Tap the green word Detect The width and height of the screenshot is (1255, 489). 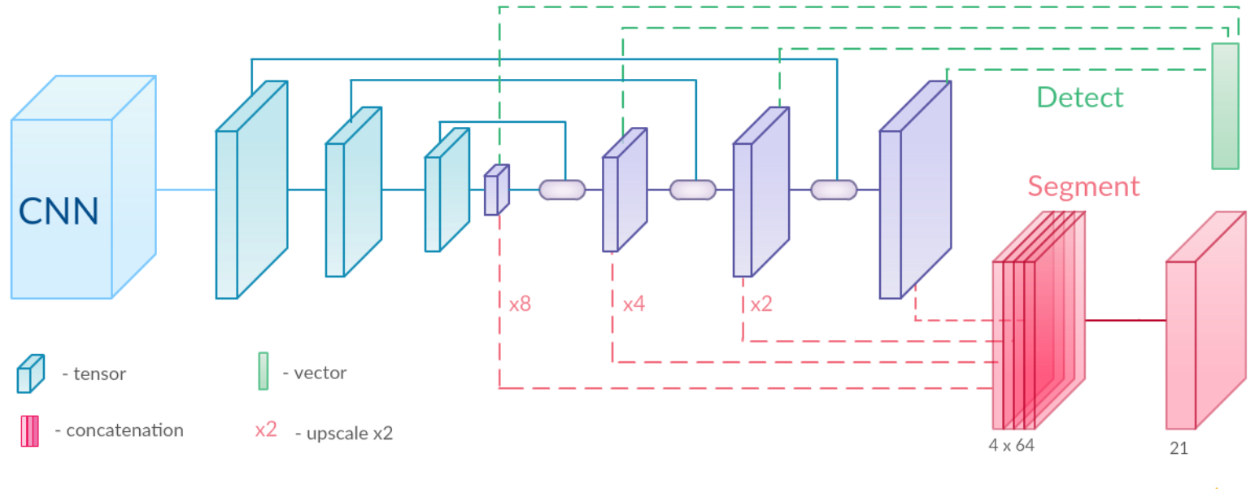coord(1079,98)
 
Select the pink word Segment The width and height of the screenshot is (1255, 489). coord(1083,186)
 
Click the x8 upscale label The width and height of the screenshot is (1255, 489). coord(520,305)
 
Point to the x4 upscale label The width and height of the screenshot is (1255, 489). coord(634,305)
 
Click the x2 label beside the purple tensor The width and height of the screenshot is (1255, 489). coord(761,305)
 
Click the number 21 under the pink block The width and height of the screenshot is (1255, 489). coord(1179,448)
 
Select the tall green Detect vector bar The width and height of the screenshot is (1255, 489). coord(1225,106)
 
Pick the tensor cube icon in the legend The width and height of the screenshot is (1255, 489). coord(30,373)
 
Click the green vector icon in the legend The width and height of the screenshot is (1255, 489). coord(263,371)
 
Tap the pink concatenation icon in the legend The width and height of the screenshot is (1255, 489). coord(29,431)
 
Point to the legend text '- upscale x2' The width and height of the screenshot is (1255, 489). coord(349,433)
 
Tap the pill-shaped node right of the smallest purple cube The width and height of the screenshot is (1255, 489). coord(562,190)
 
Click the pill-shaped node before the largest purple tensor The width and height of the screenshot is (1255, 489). coord(834,190)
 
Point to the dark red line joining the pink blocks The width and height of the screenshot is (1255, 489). coord(1125,320)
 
